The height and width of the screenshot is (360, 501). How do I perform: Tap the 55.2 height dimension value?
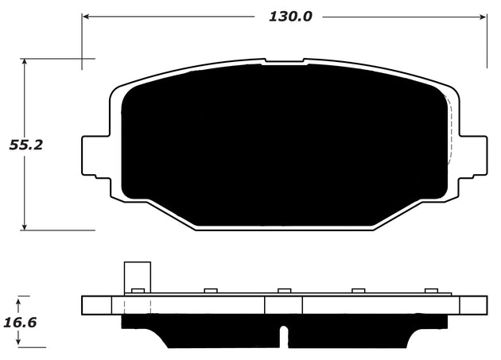coord(25,144)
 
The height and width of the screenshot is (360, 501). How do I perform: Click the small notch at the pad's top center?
coord(284,61)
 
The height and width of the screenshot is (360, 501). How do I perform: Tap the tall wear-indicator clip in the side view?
coord(137,277)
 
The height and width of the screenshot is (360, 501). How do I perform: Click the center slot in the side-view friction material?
coord(284,335)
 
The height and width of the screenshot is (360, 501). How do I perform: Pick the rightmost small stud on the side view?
coord(432,291)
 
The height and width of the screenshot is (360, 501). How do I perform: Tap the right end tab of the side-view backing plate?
coord(474,305)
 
